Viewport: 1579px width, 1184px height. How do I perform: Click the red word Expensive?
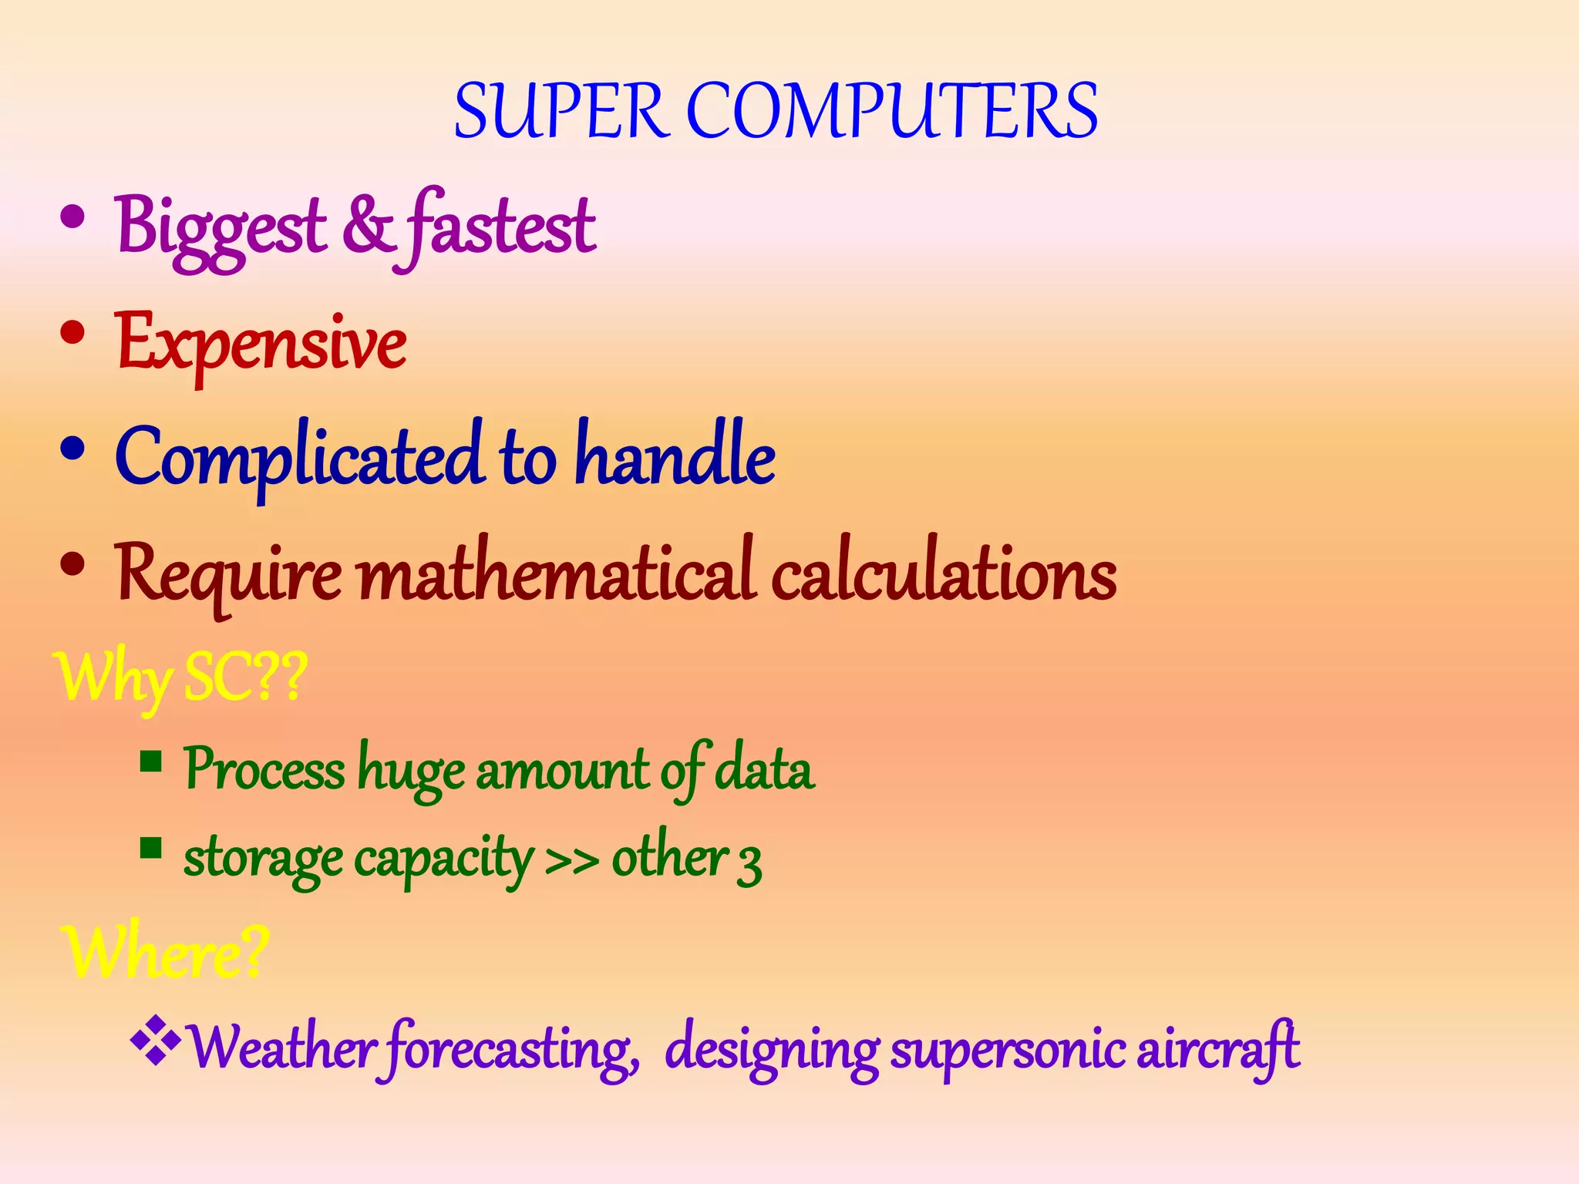(x=261, y=343)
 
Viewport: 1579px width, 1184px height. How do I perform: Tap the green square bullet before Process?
(x=151, y=762)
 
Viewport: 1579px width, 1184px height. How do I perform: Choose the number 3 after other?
(x=749, y=863)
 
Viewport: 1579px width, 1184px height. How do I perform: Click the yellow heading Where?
(x=166, y=953)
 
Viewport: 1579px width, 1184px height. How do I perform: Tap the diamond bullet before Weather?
(x=156, y=1041)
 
